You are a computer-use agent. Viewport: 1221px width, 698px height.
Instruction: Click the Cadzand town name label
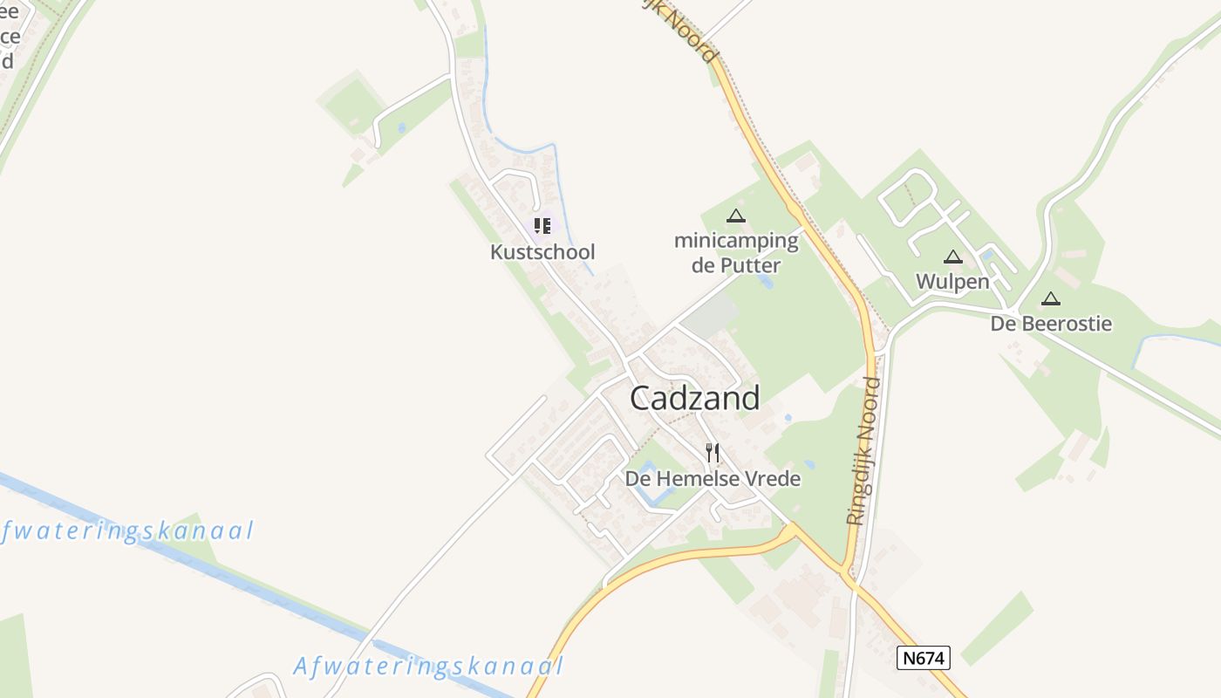(694, 398)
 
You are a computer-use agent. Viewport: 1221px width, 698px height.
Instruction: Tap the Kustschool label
(542, 252)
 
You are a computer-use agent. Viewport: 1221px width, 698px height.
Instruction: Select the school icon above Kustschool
(542, 226)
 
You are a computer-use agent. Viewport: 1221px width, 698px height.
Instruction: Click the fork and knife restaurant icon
(713, 452)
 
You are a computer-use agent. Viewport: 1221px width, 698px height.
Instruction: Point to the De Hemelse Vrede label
(713, 478)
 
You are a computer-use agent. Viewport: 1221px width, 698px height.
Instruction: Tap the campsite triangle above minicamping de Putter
(736, 216)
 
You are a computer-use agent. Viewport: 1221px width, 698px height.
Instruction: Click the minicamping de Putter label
(736, 252)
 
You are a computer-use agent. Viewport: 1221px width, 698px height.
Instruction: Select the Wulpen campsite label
(952, 281)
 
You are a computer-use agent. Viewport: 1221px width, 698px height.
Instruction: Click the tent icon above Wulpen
(952, 257)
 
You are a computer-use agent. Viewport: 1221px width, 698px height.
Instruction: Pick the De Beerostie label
(1051, 324)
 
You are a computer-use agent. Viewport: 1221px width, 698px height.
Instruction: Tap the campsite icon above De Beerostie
(1051, 298)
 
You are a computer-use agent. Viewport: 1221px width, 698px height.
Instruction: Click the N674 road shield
(923, 657)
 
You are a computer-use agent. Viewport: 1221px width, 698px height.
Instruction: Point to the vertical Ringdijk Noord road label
(863, 450)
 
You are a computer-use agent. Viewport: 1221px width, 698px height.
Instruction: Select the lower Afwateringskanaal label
(428, 667)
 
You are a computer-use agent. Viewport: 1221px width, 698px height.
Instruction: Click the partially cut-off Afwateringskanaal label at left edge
(127, 531)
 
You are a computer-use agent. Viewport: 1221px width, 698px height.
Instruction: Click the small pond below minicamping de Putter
(767, 281)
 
